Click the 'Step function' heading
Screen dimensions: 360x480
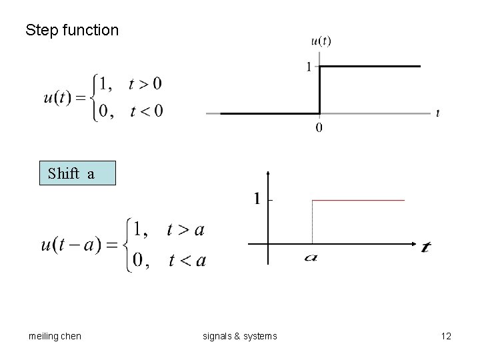[x=72, y=30]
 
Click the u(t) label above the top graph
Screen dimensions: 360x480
[x=321, y=41]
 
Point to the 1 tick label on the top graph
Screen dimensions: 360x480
[x=309, y=66]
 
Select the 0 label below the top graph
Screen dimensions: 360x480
[x=319, y=127]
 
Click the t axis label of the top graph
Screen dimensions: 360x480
[x=437, y=113]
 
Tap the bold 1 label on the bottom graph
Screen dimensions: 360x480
[x=258, y=199]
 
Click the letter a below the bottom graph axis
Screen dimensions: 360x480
[x=311, y=257]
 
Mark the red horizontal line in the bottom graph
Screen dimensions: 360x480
[x=359, y=199]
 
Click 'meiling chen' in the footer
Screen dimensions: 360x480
[x=55, y=336]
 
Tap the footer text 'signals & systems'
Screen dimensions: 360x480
[x=240, y=336]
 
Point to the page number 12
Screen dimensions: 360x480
[x=446, y=336]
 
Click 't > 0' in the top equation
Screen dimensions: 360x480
[x=145, y=84]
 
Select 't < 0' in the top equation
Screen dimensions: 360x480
[x=146, y=111]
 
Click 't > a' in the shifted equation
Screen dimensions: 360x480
[x=185, y=230]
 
